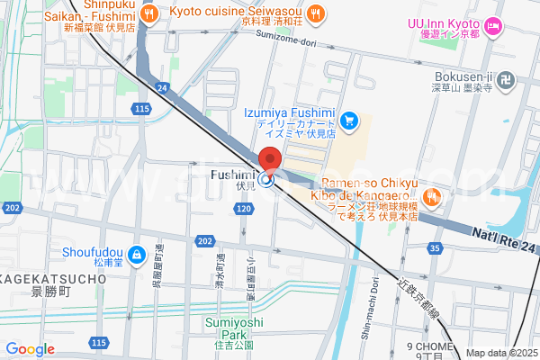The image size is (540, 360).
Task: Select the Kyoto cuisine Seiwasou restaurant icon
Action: tap(315, 12)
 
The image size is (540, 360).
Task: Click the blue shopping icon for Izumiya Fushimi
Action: tap(350, 120)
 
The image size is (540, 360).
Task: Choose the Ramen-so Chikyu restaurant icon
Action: tap(432, 193)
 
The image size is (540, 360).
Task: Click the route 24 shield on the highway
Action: tap(162, 87)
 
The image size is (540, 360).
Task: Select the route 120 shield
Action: tap(244, 209)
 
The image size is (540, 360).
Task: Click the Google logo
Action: tap(30, 349)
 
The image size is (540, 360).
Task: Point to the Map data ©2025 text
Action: tap(501, 353)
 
